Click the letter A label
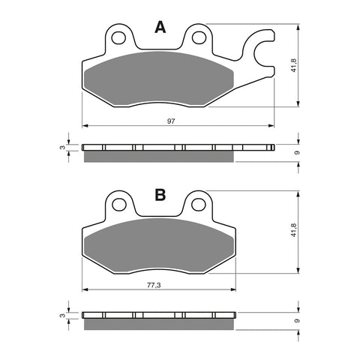pyautogui.click(x=160, y=28)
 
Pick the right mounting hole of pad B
pyautogui.click(x=199, y=202)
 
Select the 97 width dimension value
pyautogui.click(x=172, y=121)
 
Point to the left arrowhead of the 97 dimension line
pyautogui.click(x=84, y=125)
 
